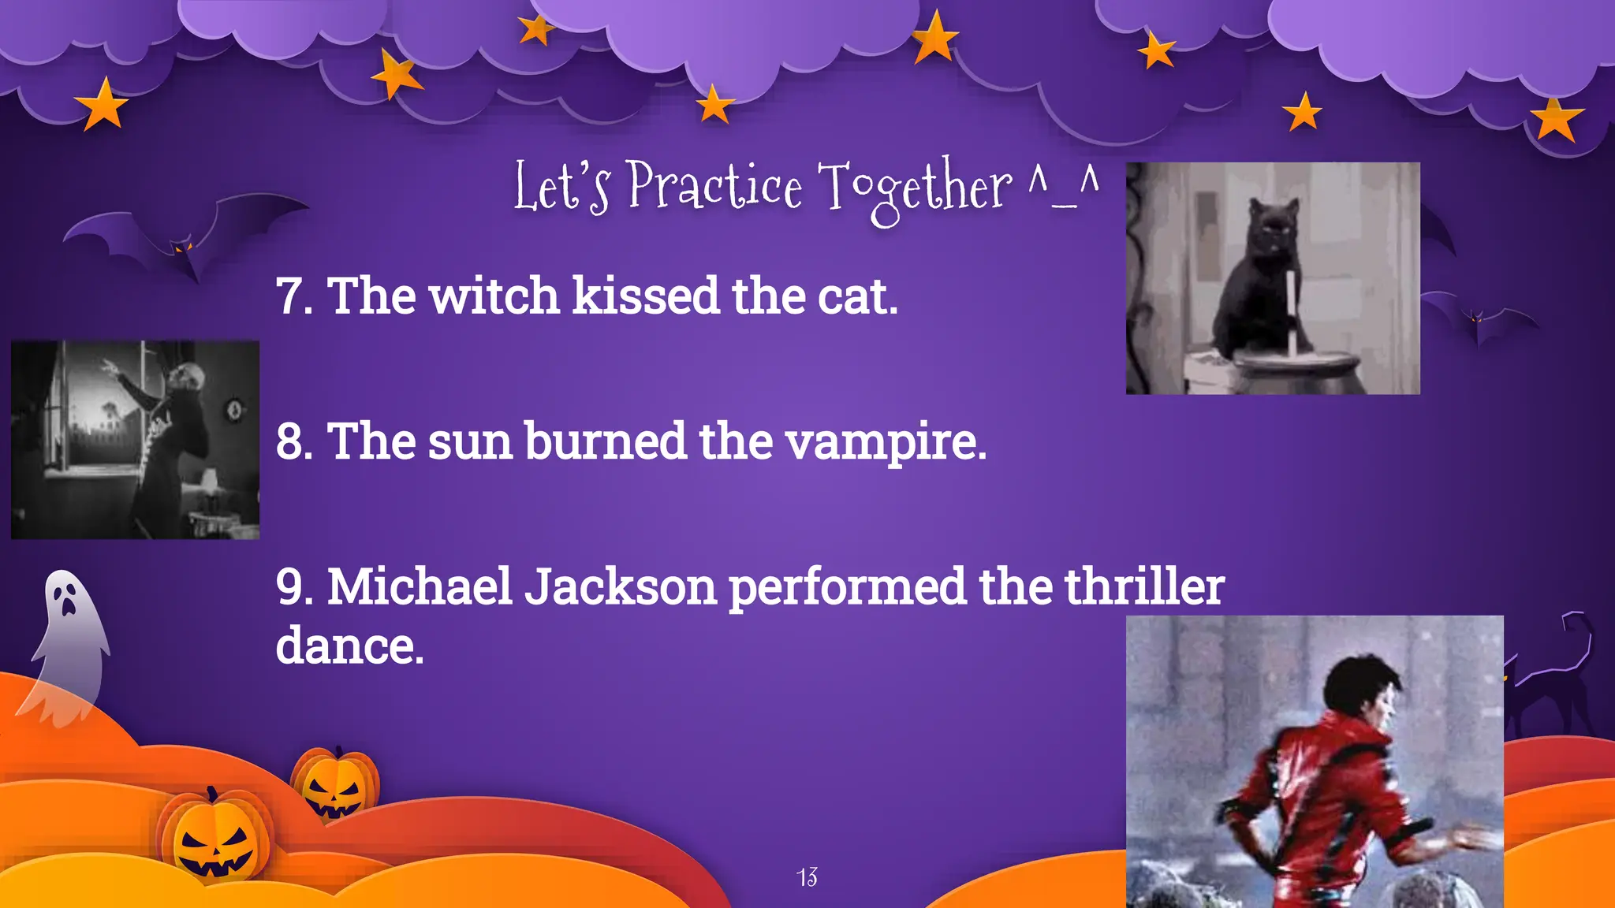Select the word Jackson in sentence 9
pyautogui.click(x=621, y=587)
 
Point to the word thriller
pyautogui.click(x=1144, y=587)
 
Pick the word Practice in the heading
pyautogui.click(x=715, y=186)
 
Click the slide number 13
pyautogui.click(x=807, y=876)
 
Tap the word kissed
pyautogui.click(x=646, y=296)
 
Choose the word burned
pyautogui.click(x=605, y=441)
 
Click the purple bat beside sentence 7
pyautogui.click(x=185, y=236)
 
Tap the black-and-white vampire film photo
pyautogui.click(x=135, y=440)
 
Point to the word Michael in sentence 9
pyautogui.click(x=420, y=587)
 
